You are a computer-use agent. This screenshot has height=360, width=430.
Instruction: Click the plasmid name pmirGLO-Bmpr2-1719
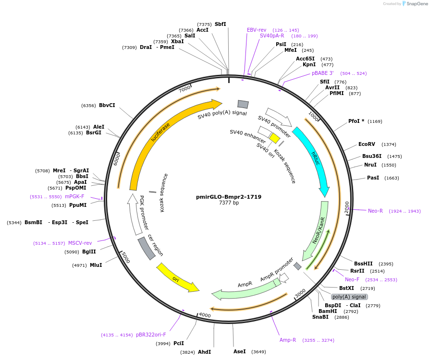click(229, 197)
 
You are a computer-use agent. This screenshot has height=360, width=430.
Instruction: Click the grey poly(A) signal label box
click(349, 297)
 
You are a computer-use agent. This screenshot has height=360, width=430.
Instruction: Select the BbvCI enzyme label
click(107, 106)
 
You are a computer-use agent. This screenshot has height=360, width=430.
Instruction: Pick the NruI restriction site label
click(370, 165)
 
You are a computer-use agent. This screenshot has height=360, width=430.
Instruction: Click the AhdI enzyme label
click(204, 352)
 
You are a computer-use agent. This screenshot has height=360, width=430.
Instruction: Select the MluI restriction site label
click(96, 265)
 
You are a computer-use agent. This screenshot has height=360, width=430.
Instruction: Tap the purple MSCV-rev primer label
click(80, 243)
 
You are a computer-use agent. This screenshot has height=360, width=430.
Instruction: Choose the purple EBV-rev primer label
click(257, 30)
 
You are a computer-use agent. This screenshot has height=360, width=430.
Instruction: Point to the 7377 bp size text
click(229, 203)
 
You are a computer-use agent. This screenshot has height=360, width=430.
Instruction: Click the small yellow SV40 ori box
click(274, 138)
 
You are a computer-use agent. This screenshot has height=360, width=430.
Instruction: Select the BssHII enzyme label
click(363, 264)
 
